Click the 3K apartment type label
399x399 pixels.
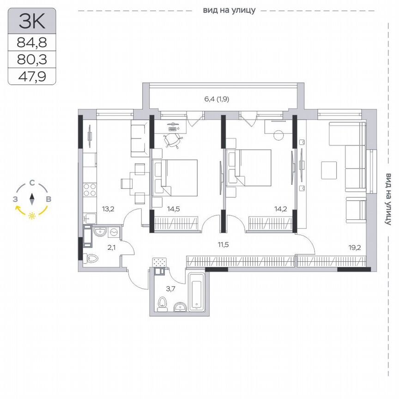point(32,21)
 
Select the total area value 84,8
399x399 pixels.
point(32,43)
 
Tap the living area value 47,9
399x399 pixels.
point(32,76)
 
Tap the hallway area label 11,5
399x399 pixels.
point(224,244)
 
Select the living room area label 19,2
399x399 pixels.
point(355,247)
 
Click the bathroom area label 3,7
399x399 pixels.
point(171,289)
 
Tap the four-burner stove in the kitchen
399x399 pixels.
point(89,191)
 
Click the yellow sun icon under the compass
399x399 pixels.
point(32,216)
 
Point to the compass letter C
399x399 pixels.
point(31,183)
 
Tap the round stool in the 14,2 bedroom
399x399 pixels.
point(278,135)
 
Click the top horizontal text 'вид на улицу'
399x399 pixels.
point(229,10)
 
